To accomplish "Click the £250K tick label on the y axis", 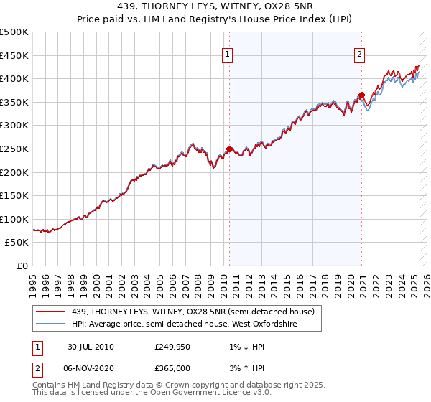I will point(14,149).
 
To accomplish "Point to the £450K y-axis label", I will point(14,55).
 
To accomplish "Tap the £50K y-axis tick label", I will point(17,243).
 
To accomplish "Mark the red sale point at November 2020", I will point(361,94).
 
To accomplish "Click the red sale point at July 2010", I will point(230,149).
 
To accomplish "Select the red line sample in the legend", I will point(52,312).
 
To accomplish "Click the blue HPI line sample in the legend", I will point(52,324).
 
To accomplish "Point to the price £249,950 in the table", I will point(172,347).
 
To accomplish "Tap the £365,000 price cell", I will point(172,368).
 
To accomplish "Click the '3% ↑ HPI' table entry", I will point(244,368).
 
